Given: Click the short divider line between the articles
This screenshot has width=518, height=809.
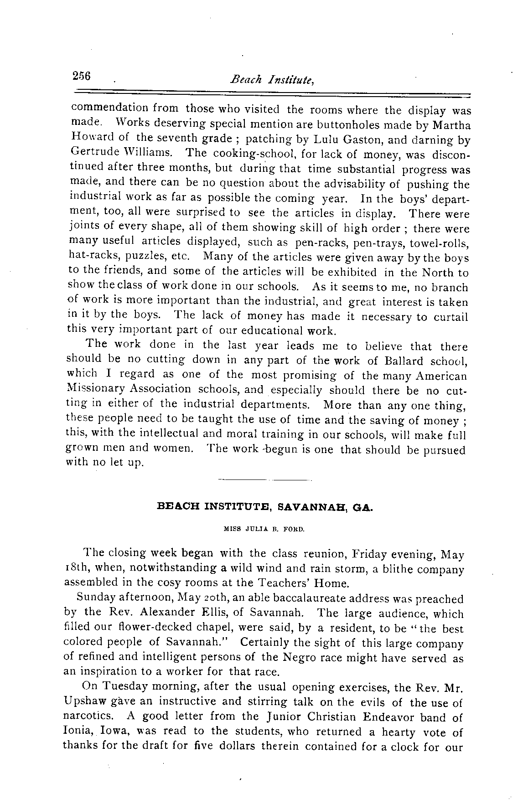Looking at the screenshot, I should click(264, 480).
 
